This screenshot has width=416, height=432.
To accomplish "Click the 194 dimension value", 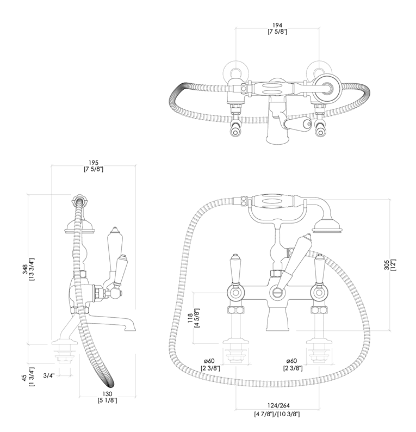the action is tap(277, 26).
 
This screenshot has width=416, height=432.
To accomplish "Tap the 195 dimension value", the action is tap(94, 163).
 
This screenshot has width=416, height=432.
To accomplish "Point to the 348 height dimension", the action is tap(26, 269).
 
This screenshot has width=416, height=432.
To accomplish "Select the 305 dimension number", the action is tap(387, 265).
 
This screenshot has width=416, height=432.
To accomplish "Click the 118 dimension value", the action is tap(190, 318).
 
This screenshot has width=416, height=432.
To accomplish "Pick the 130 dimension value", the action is tap(107, 394).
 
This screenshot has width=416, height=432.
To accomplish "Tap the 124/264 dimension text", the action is tap(278, 405).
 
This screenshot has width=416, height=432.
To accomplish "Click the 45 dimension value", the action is tap(24, 378).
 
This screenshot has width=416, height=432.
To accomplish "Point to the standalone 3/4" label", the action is tap(49, 375).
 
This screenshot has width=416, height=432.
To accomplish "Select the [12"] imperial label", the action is tap(393, 265).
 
